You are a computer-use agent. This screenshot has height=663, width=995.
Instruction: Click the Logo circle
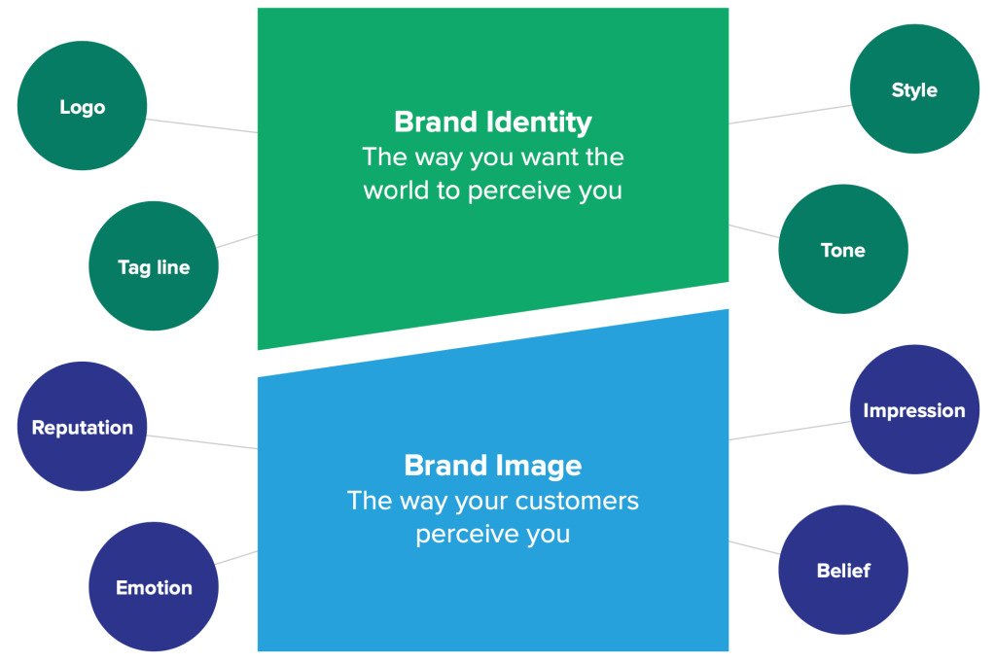tap(82, 106)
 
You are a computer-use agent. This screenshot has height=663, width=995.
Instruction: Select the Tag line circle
tap(154, 265)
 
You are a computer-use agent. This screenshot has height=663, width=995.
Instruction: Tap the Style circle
tap(914, 88)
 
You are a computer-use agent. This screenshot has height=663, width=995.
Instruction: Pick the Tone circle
tap(843, 249)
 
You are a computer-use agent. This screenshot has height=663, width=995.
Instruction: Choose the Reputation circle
tap(82, 427)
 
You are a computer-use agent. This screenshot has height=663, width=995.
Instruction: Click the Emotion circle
tap(154, 587)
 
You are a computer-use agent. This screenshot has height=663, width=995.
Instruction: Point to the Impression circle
tap(914, 409)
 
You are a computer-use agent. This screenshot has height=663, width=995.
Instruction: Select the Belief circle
tap(843, 570)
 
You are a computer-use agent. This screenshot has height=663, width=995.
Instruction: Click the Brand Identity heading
tap(493, 122)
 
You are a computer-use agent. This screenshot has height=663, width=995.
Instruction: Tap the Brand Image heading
tap(493, 465)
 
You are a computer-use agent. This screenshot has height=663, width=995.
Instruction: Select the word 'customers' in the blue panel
tap(577, 501)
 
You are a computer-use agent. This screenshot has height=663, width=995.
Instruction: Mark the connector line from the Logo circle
tap(201, 125)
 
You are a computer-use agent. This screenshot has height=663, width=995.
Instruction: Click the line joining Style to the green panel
tap(790, 114)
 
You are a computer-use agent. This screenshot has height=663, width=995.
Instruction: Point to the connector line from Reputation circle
tap(201, 441)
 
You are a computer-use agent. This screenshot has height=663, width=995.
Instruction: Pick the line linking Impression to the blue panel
tap(790, 430)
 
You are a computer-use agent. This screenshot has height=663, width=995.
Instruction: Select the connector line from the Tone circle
tap(755, 231)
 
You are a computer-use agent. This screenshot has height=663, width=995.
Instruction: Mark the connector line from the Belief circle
tap(755, 548)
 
